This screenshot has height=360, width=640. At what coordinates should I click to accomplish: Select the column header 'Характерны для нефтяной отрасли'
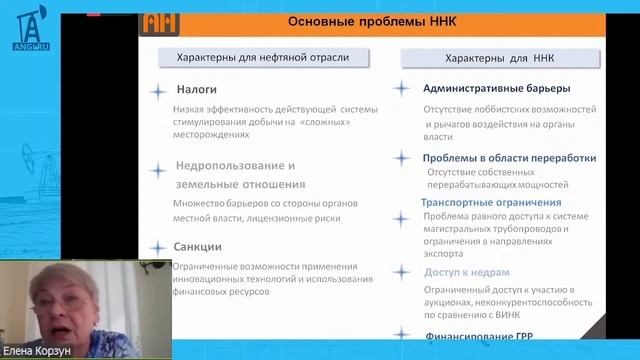point(262,57)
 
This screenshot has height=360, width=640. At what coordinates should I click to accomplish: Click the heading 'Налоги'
point(196,89)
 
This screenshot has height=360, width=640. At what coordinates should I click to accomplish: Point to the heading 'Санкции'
point(199,246)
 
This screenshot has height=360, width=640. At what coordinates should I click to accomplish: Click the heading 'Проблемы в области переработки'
point(509,157)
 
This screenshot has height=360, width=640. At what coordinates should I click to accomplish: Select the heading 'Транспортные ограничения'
point(491,202)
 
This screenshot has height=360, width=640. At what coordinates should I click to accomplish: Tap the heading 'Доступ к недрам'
point(467,272)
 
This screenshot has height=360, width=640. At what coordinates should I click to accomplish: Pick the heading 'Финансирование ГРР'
point(485,337)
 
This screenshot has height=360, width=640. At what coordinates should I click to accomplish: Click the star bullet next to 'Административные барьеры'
point(402,88)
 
